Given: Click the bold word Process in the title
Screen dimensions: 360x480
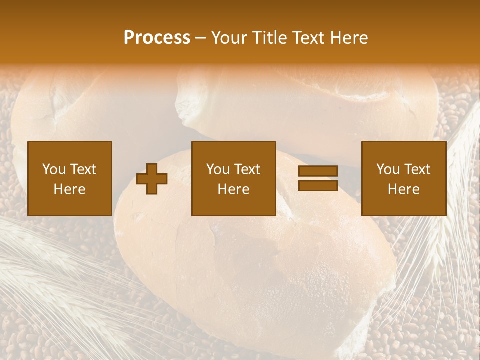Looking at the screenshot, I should pos(157,38).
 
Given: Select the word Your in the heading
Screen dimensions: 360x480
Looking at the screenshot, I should pos(231,38).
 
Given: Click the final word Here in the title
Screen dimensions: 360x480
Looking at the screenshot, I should pos(350,38).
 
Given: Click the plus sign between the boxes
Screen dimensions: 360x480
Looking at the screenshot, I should pos(152,179).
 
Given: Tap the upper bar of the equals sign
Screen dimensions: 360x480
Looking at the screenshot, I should pos(318,171).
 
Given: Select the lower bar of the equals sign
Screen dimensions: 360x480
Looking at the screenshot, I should pos(318,185).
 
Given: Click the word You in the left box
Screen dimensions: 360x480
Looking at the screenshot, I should pos(53,169).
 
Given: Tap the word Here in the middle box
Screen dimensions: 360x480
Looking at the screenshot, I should pos(233,189).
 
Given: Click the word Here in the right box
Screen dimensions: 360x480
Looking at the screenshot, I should pos(403,189).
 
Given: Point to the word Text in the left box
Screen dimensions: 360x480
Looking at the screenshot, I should pos(83,169).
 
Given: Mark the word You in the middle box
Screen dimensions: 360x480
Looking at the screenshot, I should pos(217,169).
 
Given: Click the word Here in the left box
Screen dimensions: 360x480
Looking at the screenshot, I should pos(69,189).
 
